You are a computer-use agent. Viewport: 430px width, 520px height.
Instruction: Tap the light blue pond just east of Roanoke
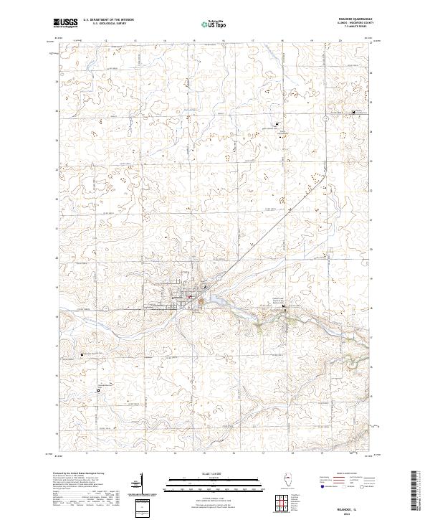204,301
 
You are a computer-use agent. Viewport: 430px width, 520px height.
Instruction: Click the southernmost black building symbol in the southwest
82,354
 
